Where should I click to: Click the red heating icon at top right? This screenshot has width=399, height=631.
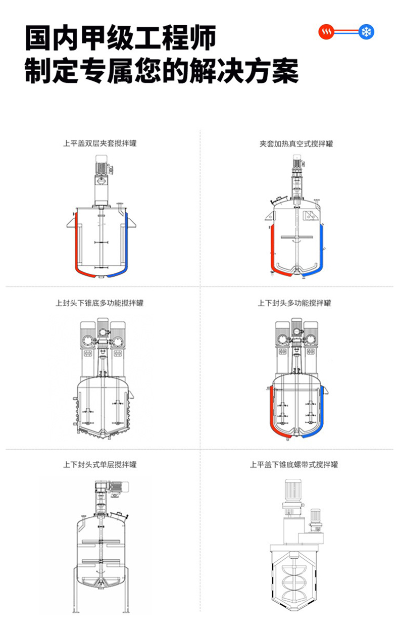326,33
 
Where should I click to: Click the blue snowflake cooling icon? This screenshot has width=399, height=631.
366,33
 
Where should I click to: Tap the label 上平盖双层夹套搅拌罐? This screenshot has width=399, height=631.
99,143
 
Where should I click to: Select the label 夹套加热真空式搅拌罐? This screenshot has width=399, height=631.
296,143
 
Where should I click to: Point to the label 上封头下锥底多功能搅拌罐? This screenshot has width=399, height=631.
99,303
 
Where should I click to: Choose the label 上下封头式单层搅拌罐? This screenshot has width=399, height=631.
99,464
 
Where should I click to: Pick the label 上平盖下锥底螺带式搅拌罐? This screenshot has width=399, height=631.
294,464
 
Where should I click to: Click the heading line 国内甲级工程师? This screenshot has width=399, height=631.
121,39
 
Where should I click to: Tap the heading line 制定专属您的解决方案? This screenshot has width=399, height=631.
162,71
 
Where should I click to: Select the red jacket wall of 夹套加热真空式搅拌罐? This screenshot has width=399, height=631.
271,248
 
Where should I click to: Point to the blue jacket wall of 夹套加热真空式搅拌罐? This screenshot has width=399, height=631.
321,248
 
